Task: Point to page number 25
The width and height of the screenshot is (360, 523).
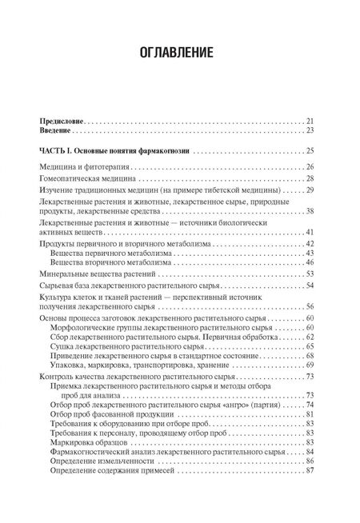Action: [x=310, y=150]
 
